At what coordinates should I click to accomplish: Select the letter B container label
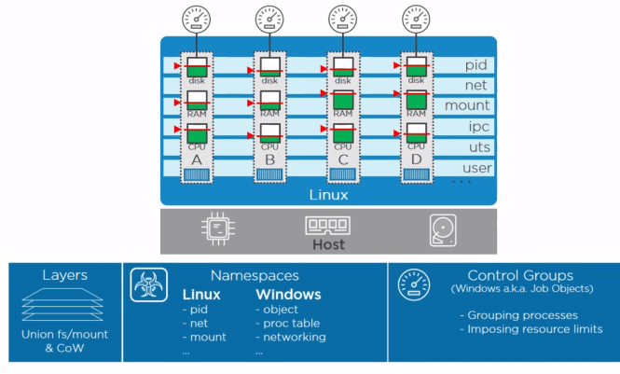point(269,159)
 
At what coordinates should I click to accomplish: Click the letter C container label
point(343,159)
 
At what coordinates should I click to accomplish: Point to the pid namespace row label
point(477,65)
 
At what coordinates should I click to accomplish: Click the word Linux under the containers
point(328,195)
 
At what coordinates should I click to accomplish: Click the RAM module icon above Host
point(328,226)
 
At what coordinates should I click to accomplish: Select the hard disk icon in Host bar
point(442,229)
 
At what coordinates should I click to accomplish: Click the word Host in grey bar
point(328,244)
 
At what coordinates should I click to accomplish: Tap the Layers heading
point(65,275)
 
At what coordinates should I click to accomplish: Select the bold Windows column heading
point(288,294)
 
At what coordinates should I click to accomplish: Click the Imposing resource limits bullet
point(530,329)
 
